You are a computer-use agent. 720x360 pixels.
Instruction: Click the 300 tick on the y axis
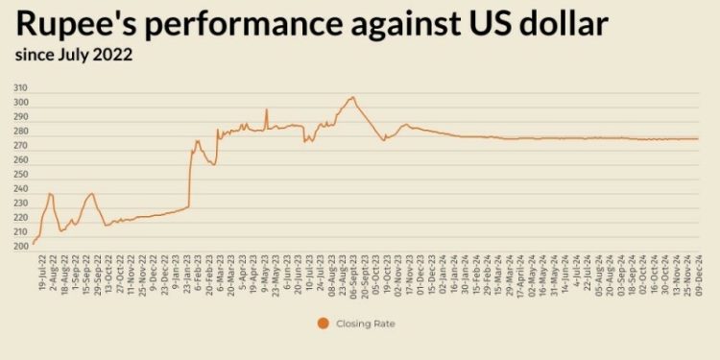[x=20, y=103]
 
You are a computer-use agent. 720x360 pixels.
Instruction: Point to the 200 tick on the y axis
[x=20, y=247]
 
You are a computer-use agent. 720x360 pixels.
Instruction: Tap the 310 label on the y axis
[x=20, y=88]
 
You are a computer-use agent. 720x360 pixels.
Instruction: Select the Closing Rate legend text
[x=366, y=324]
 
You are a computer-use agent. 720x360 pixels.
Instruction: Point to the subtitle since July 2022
[x=73, y=55]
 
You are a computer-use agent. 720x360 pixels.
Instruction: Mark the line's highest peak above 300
[x=352, y=97]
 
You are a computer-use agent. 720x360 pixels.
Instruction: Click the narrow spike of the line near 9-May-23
[x=266, y=109]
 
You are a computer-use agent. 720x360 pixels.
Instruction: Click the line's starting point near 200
[x=34, y=244]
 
